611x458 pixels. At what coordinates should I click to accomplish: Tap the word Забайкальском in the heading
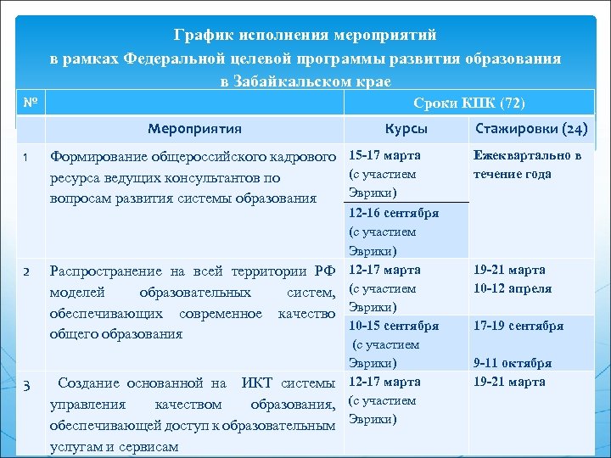coord(309,81)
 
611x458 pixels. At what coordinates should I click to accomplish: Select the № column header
coord(29,103)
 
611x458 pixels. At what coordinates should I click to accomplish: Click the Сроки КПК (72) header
coord(469,103)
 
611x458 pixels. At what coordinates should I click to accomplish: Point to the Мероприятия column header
coord(194,129)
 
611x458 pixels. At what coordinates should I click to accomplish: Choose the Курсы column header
coord(406,129)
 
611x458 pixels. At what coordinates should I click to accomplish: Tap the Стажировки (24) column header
coord(531,129)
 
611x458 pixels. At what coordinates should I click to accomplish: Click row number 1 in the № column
coord(26,157)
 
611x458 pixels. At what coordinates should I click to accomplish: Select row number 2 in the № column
coord(26,271)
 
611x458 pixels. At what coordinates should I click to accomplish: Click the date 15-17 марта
coord(384,156)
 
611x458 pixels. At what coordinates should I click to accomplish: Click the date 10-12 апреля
coord(513,288)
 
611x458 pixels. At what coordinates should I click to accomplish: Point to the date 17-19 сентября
coord(519,326)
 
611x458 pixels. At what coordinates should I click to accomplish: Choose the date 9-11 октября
coord(512,363)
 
